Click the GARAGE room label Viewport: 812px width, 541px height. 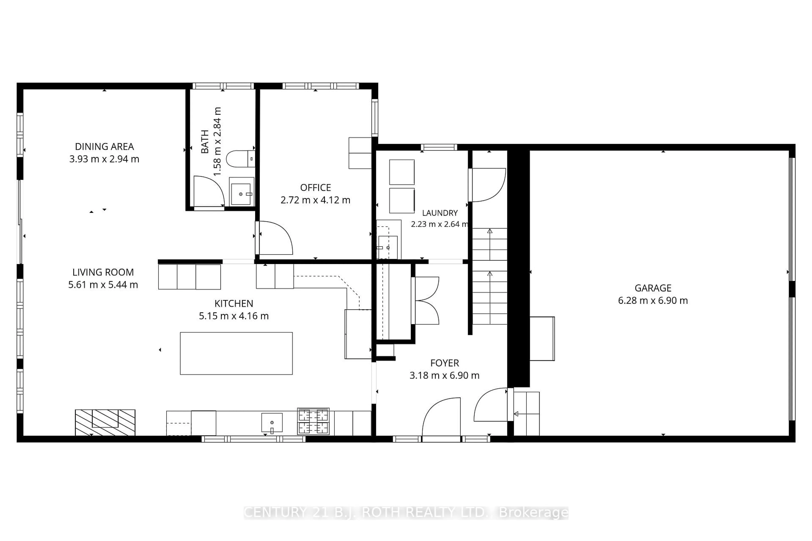653,288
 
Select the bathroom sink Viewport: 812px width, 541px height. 241,191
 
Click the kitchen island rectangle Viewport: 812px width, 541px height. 236,353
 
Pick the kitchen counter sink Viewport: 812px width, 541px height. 272,423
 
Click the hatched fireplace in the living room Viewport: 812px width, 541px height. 105,423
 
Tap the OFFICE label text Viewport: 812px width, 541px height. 315,188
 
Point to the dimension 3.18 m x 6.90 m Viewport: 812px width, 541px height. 444,375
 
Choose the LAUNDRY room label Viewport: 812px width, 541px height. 440,213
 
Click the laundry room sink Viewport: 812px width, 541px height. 388,247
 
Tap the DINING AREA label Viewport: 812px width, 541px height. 104,147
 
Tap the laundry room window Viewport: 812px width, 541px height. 439,147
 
